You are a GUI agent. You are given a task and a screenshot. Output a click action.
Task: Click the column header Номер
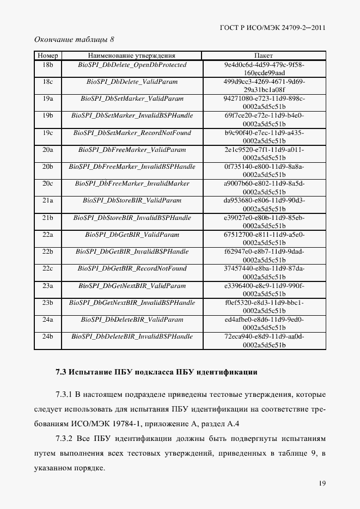[47, 56]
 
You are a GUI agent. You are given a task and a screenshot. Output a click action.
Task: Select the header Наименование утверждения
[131, 56]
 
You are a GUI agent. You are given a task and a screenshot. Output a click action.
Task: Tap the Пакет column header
[264, 56]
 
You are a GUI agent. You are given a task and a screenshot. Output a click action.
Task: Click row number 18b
[47, 65]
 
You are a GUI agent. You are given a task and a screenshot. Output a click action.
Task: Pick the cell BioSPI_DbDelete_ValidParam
[131, 82]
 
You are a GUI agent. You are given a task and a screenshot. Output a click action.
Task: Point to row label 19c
[47, 132]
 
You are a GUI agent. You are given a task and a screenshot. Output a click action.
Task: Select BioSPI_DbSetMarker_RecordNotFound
[131, 132]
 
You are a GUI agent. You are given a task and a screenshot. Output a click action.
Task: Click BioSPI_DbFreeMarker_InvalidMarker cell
[131, 183]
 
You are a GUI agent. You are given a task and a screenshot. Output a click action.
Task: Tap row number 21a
[47, 200]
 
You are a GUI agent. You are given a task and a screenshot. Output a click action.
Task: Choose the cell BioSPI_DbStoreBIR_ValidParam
[131, 200]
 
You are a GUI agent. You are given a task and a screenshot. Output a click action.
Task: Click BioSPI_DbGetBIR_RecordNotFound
[131, 268]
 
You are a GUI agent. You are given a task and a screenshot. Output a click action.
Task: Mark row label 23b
[47, 302]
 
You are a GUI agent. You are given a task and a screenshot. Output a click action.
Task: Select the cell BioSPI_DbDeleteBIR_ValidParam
[131, 319]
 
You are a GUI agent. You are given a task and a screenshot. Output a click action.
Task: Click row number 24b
[47, 336]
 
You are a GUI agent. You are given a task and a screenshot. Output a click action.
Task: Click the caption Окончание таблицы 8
[74, 39]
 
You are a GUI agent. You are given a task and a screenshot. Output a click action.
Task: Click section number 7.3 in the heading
[62, 373]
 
